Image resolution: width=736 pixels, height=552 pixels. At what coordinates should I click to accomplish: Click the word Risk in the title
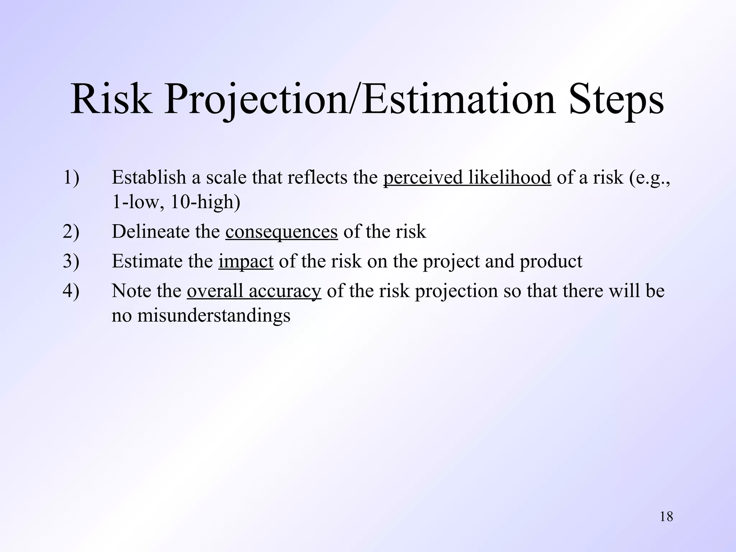coord(111,99)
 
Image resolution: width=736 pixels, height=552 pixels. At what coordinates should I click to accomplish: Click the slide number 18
coord(666,517)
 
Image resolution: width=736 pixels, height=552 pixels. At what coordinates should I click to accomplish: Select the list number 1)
coord(71,178)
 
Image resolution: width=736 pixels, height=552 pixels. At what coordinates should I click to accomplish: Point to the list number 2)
coord(71,231)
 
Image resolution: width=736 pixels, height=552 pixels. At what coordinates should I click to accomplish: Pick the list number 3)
coord(71,261)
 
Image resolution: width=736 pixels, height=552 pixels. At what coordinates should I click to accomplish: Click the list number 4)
coord(71,291)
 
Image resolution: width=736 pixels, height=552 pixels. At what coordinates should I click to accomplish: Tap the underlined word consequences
coord(281,231)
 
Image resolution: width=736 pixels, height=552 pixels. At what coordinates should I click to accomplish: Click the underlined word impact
coord(246,261)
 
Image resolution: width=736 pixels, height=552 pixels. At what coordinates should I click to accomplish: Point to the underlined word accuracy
coord(285,291)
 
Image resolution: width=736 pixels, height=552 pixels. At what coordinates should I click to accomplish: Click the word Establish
coord(149,178)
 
